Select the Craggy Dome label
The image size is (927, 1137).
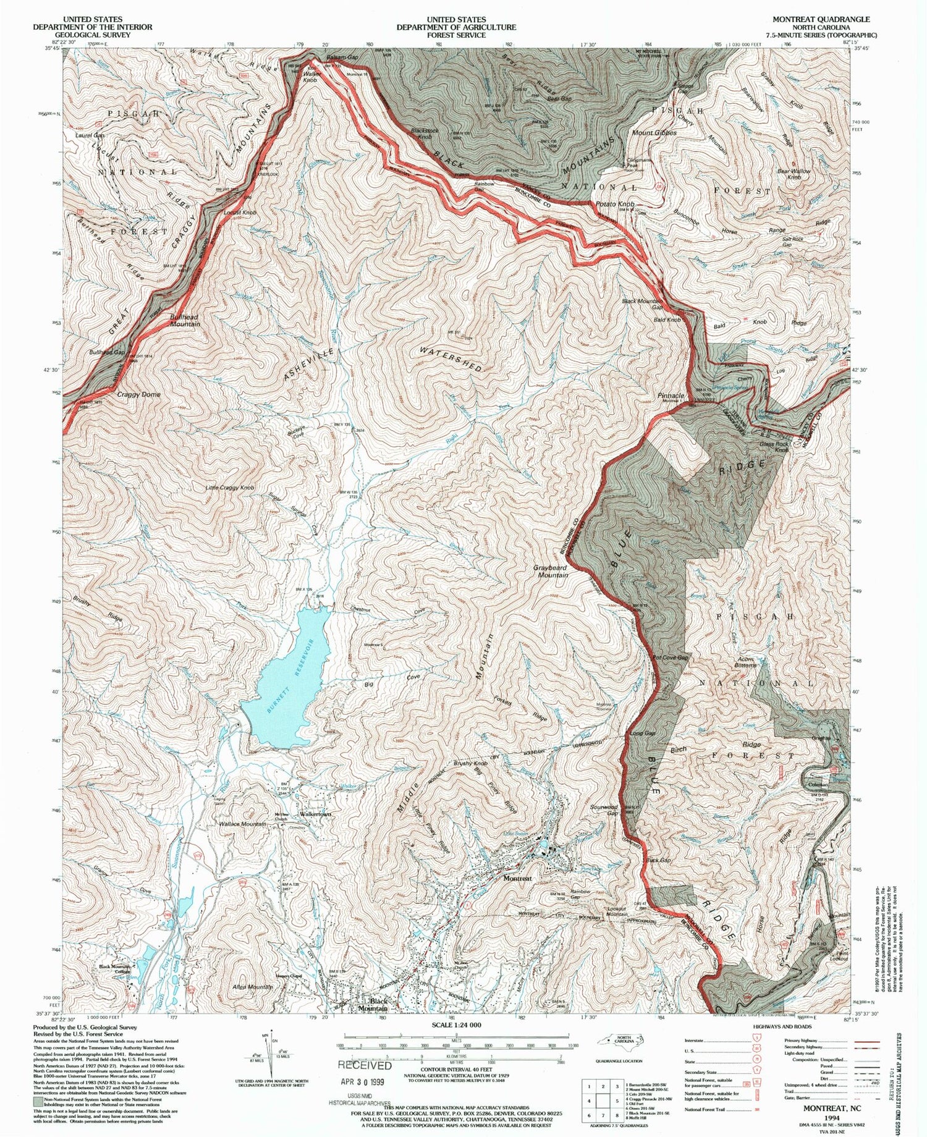[139, 394]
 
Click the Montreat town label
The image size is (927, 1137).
[517, 878]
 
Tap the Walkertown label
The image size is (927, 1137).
[315, 814]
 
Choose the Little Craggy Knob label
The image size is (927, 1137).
[230, 488]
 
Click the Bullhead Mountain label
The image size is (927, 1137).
[185, 320]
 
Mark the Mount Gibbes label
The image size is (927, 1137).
[654, 133]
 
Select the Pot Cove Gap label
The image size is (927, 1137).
[671, 658]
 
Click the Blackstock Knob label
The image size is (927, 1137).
[425, 134]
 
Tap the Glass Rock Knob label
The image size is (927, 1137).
[774, 446]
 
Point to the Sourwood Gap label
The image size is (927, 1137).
[604, 810]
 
